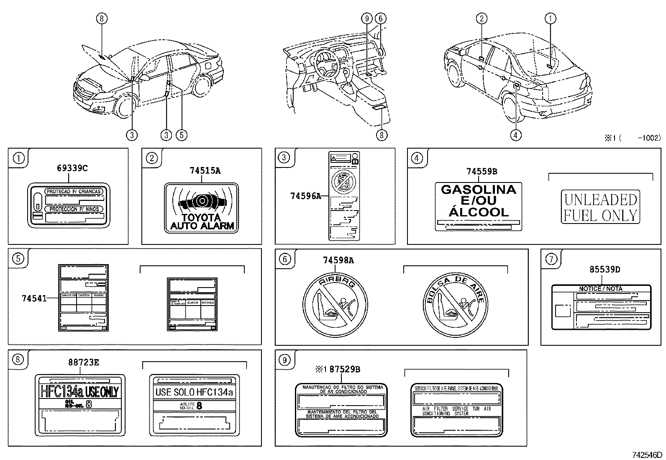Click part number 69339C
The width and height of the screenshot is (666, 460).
(72, 168)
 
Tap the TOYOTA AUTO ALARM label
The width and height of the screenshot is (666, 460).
(201, 207)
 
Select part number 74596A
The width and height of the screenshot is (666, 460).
(305, 195)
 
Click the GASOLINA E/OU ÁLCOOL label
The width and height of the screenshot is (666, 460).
(478, 201)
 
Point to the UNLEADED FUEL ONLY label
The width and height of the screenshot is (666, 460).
(600, 207)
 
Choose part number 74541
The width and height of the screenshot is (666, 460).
(33, 298)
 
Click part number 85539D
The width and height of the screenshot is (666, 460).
(605, 270)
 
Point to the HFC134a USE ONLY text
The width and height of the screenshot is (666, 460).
(79, 392)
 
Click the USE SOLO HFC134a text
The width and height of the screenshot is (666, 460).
(194, 392)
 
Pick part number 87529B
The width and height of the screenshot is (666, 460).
(344, 369)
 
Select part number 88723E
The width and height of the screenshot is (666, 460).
(84, 362)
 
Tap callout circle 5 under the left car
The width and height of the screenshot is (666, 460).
(181, 134)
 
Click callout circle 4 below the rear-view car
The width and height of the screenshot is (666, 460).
(516, 134)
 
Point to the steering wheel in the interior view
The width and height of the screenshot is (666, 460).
(328, 63)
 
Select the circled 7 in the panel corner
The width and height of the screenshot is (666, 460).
(551, 259)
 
